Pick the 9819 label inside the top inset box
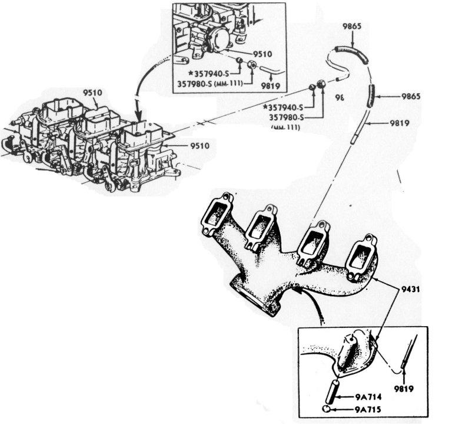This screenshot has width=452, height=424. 272,84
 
